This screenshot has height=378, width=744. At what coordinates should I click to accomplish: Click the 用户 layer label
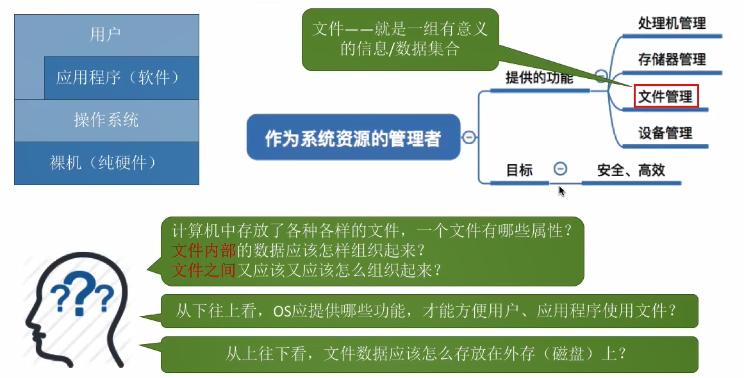point(106,34)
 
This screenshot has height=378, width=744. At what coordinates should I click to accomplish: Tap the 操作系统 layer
point(106,120)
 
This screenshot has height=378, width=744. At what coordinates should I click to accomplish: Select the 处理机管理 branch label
point(672,24)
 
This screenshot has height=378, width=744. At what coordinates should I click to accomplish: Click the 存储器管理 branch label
point(672,60)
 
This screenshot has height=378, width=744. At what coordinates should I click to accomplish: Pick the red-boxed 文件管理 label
point(666,97)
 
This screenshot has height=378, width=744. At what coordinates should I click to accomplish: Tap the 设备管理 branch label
point(665,133)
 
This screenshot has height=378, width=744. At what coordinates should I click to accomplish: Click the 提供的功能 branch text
point(539,78)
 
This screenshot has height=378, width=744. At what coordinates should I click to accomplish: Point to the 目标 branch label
point(519,170)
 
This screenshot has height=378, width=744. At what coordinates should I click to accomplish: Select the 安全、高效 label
point(631,170)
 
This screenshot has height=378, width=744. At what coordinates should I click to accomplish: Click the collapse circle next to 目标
point(560,168)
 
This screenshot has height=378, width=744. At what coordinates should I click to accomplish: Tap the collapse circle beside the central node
point(469,137)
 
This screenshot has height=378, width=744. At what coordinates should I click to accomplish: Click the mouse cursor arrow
point(561,190)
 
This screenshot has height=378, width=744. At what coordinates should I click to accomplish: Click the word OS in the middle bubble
point(283,311)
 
